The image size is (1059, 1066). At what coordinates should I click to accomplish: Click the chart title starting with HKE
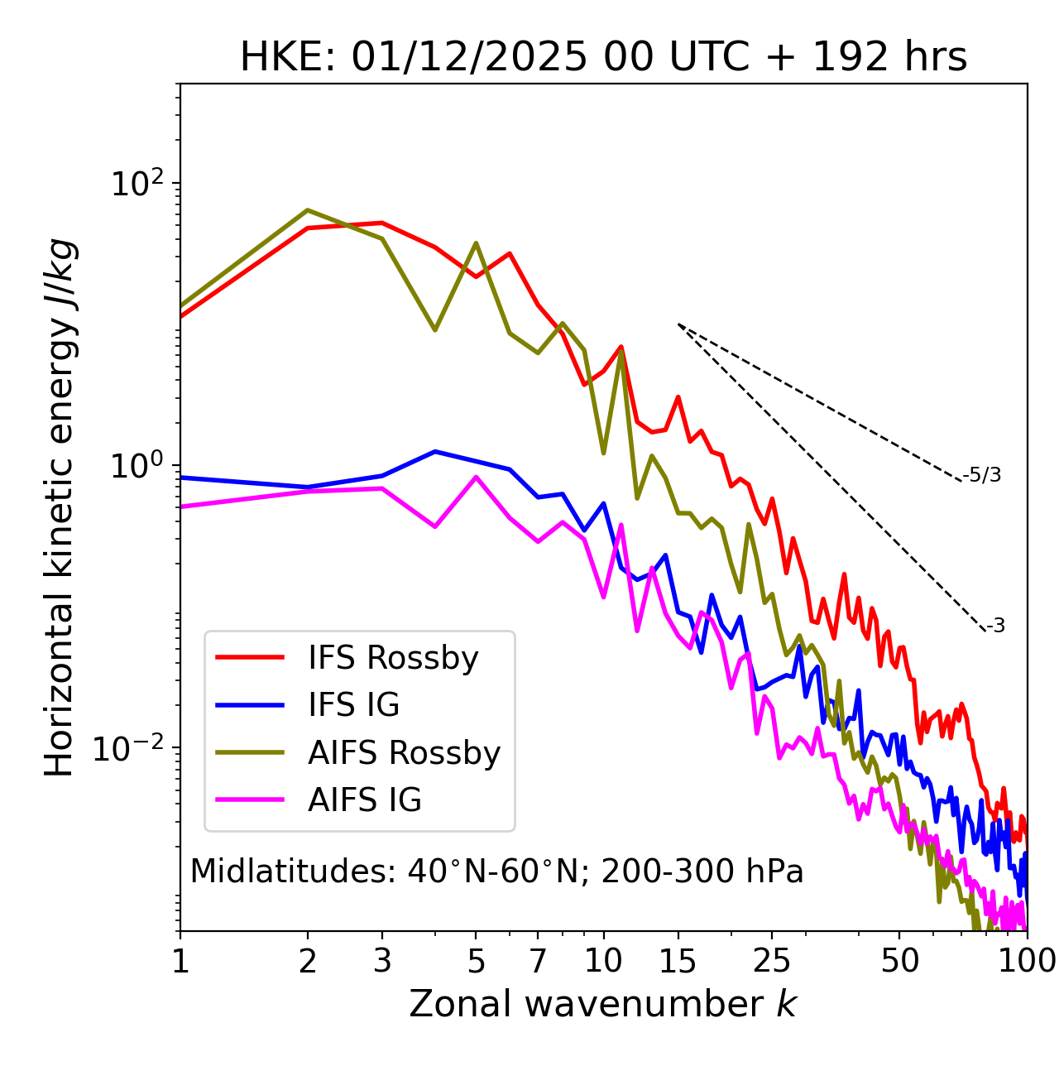(603, 58)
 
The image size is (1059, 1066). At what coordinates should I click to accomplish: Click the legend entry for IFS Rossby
(393, 658)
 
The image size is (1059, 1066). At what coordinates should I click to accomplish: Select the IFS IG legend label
(353, 705)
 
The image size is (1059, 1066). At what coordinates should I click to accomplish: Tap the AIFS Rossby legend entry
(404, 753)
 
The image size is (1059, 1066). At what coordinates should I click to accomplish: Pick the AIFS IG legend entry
(364, 800)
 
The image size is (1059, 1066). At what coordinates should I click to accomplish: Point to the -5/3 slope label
(982, 475)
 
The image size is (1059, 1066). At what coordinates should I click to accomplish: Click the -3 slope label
(995, 626)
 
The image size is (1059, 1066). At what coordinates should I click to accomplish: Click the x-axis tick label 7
(538, 962)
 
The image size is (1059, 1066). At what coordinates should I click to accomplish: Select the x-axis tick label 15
(678, 962)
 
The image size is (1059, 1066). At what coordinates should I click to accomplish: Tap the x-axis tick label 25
(772, 962)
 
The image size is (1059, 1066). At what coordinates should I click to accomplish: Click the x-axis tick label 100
(1027, 962)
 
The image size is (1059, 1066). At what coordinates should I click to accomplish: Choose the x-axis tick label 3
(381, 962)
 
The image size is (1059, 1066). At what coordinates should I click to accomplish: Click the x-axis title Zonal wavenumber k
(603, 1005)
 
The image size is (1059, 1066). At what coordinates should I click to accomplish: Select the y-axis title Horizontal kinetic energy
(60, 507)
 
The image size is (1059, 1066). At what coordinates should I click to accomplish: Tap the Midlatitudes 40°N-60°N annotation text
(496, 872)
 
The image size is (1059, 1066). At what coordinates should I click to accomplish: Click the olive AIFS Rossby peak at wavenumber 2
(308, 210)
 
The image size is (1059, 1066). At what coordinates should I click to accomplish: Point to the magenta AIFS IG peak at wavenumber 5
(476, 477)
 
